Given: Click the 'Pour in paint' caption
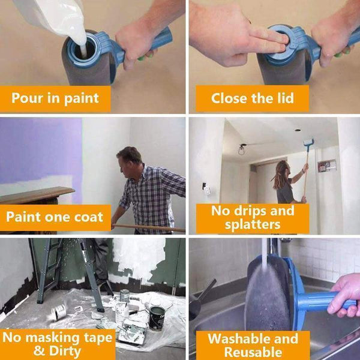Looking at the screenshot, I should (55, 98).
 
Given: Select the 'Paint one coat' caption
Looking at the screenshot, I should (55, 217).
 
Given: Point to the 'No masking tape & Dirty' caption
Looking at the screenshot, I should (58, 344).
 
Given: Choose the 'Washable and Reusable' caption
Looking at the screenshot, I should (253, 345).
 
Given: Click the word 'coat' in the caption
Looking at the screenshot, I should (87, 217).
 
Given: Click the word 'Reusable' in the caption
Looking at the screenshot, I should (253, 352).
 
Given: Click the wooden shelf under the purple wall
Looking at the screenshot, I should (36, 194).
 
